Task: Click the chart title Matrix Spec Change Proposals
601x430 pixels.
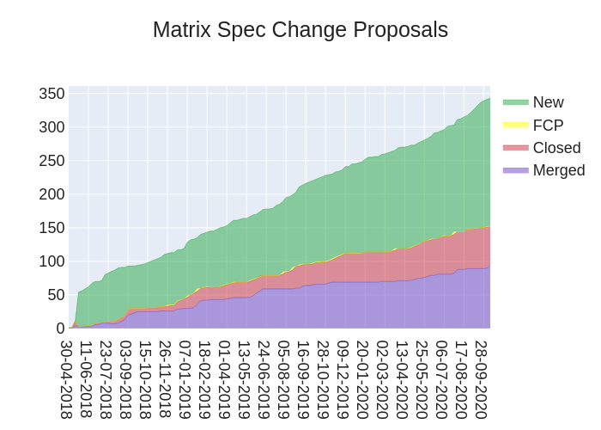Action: click(x=300, y=30)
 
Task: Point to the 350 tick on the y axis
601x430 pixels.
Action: click(x=52, y=94)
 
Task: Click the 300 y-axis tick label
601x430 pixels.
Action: click(x=52, y=127)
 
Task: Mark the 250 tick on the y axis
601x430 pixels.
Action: click(x=52, y=161)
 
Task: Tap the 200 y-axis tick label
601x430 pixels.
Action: click(x=52, y=194)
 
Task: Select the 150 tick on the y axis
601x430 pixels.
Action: click(x=52, y=228)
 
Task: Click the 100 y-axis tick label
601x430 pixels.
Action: click(x=52, y=261)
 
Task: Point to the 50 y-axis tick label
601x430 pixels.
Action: click(x=56, y=295)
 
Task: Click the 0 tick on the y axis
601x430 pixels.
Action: click(x=60, y=329)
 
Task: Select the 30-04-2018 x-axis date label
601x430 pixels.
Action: click(x=66, y=379)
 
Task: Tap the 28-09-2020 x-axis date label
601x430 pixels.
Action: click(x=481, y=379)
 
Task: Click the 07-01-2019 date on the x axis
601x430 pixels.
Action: click(x=185, y=379)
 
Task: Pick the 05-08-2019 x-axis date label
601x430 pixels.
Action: click(x=283, y=379)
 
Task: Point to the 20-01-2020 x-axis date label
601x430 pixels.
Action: click(x=362, y=379)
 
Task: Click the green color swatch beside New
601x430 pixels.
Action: click(x=515, y=102)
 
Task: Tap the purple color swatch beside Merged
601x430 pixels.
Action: click(x=515, y=169)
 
